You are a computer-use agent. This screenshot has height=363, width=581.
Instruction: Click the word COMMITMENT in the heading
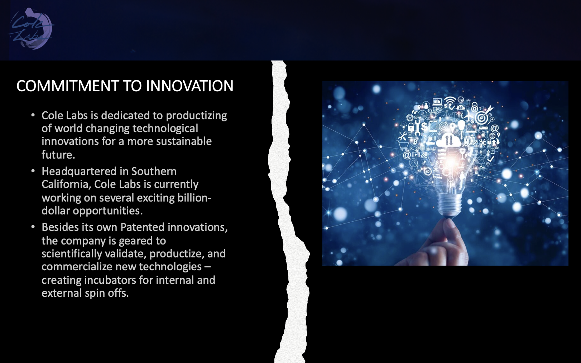(67, 86)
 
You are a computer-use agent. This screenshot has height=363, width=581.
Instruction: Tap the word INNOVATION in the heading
(189, 86)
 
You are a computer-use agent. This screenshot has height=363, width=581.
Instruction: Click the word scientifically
(72, 254)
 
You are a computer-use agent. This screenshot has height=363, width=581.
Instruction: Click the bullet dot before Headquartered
(33, 171)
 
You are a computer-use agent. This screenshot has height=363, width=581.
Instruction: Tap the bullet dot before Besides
(33, 227)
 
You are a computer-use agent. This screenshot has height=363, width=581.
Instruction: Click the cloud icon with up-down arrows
(448, 140)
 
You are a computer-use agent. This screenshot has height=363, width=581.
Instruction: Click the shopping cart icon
(403, 146)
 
